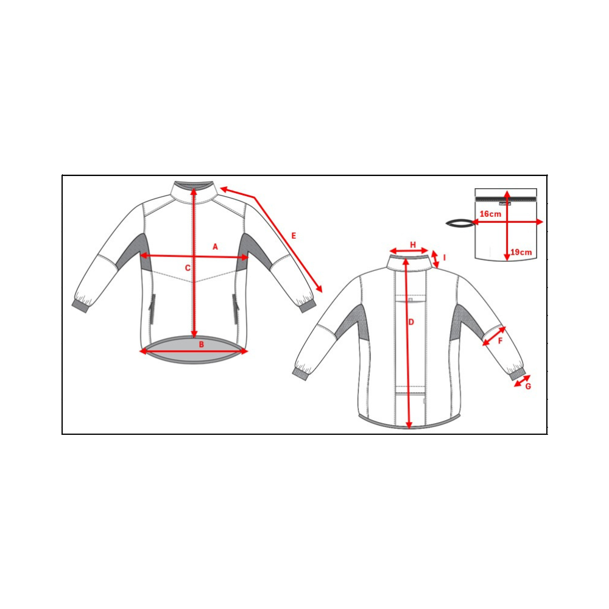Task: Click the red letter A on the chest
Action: click(215, 247)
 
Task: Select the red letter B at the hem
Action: click(201, 345)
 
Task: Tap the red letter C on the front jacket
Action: click(188, 268)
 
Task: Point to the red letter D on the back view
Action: click(411, 322)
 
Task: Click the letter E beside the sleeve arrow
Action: click(294, 236)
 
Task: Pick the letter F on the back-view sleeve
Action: click(500, 341)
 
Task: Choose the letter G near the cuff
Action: click(528, 387)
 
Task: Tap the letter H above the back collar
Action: click(413, 245)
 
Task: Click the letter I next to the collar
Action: click(445, 258)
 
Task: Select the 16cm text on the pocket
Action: click(490, 214)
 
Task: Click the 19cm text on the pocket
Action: click(521, 252)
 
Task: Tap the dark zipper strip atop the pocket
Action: click(505, 199)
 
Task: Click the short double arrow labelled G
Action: click(522, 381)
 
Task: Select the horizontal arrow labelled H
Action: click(409, 250)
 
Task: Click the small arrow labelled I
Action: click(435, 259)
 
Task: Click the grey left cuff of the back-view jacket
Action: click(300, 374)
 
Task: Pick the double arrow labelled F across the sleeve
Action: click(494, 336)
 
